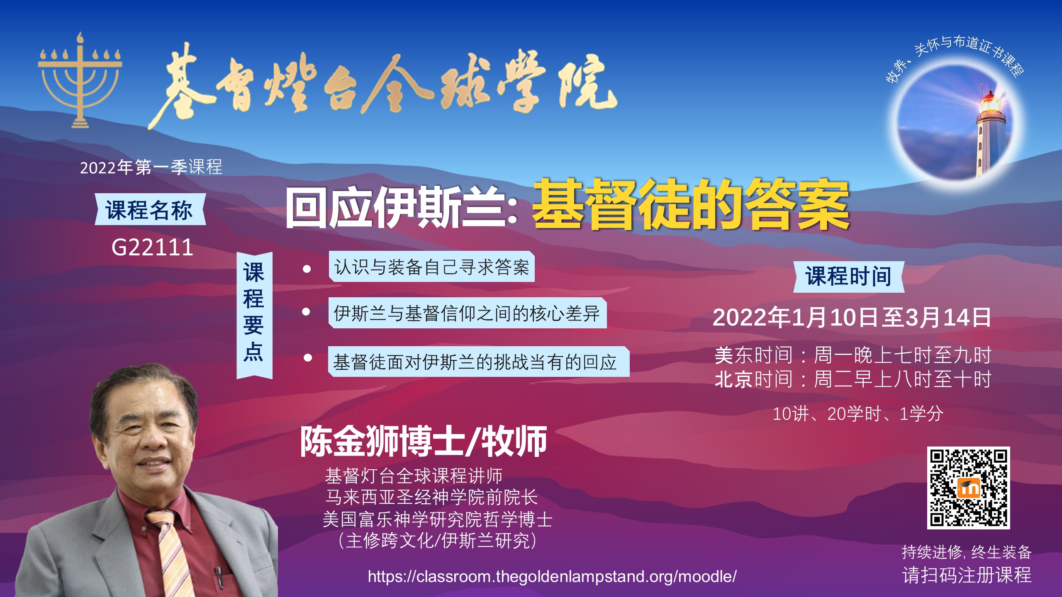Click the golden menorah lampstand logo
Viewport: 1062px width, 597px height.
coord(80,81)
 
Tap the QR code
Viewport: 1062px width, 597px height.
coord(968,488)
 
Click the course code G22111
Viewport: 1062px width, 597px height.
coord(152,248)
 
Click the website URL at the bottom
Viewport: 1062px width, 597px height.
coord(552,577)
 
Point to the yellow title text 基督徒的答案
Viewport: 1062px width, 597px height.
coord(691,205)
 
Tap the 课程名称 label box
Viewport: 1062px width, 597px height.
coord(150,209)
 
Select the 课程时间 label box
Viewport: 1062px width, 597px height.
coord(849,277)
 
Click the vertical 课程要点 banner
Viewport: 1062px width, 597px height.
coord(254,315)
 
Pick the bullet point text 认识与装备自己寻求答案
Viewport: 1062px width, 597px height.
coord(431,267)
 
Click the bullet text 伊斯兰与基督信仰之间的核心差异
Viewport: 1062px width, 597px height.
coord(467,313)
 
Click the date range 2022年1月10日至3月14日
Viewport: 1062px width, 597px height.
coord(852,318)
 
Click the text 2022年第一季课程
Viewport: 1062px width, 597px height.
coord(151,167)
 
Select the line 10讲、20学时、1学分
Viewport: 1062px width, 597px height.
coord(858,414)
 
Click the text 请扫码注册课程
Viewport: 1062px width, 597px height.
coord(967,575)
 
